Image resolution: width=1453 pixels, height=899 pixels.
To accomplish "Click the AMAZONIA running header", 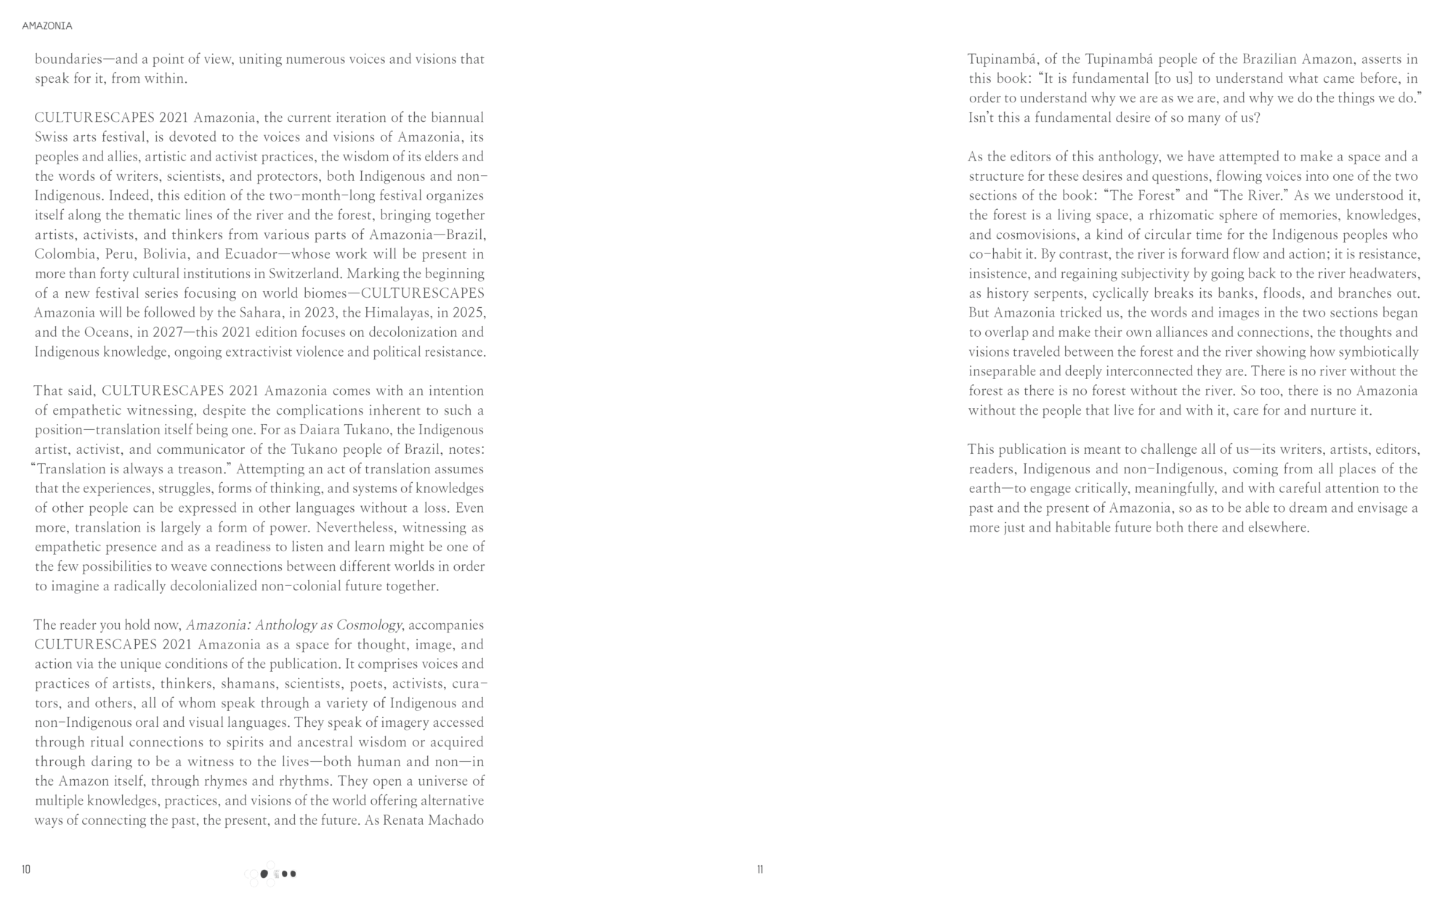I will (47, 26).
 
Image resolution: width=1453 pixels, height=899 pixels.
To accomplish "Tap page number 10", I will (26, 869).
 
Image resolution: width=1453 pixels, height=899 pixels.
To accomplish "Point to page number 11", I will (760, 869).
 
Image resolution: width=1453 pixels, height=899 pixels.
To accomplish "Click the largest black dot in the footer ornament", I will (264, 874).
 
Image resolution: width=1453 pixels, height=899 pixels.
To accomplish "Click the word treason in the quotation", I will (201, 469).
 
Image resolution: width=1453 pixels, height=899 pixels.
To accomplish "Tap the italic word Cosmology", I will (368, 625).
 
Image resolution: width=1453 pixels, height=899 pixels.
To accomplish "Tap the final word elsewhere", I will (1278, 528).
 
